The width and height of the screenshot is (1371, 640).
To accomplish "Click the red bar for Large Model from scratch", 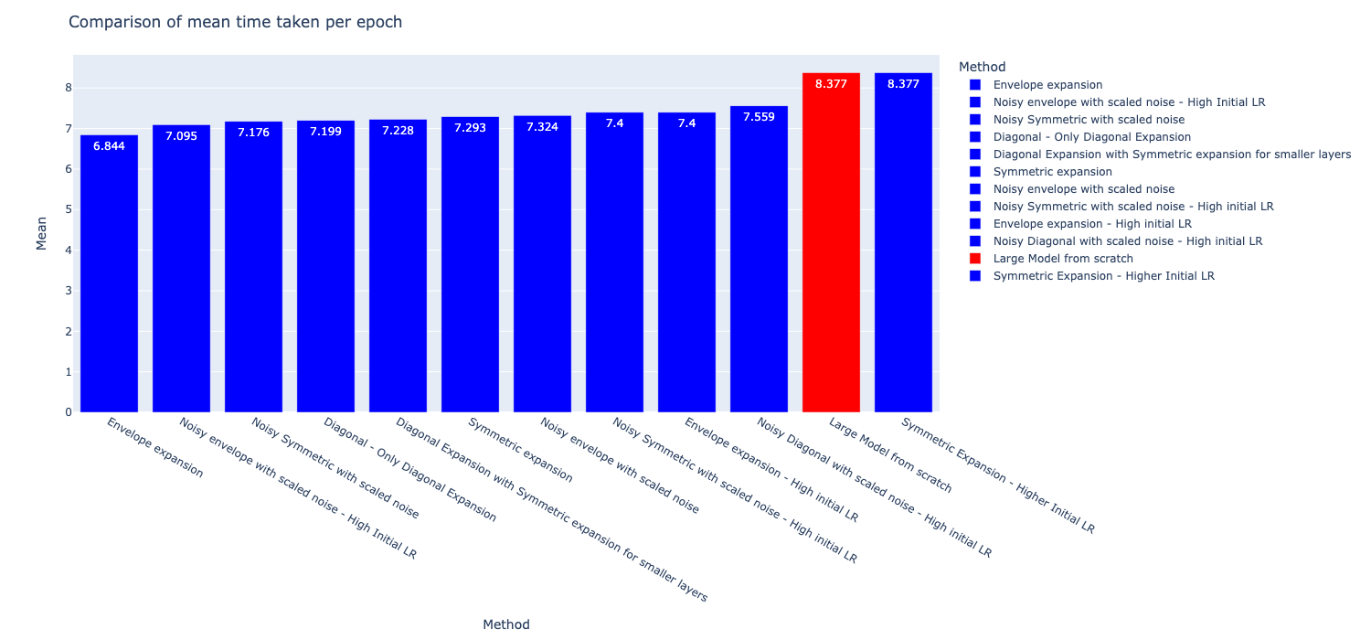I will click(x=831, y=247).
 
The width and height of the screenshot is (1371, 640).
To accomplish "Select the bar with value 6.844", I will click(x=109, y=274).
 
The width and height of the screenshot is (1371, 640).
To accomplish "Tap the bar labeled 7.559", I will click(x=759, y=265).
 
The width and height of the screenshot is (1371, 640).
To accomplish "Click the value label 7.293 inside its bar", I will click(x=470, y=128).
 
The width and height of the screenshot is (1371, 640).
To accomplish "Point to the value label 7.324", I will click(x=542, y=127).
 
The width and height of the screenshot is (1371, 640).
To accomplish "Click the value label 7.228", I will click(x=398, y=131).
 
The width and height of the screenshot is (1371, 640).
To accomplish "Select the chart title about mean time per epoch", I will click(x=235, y=22).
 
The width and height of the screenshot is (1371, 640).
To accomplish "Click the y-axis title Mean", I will click(x=41, y=233).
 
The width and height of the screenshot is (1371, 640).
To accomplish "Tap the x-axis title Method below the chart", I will click(x=505, y=624).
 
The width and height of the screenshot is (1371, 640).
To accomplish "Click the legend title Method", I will click(x=982, y=67).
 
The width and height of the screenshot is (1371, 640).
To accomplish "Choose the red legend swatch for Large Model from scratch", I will click(x=975, y=259).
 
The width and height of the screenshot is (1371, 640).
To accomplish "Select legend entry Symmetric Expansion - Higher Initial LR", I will click(x=1103, y=276).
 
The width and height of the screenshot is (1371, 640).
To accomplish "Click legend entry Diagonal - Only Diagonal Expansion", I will click(x=1091, y=137).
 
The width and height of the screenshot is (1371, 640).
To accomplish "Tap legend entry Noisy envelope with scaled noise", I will click(x=1083, y=189).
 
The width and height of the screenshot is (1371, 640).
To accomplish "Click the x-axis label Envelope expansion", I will click(x=154, y=448).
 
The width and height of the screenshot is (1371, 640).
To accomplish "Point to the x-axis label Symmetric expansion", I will click(x=520, y=450).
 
